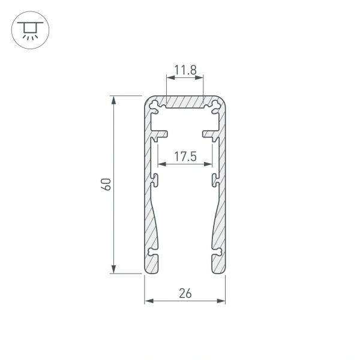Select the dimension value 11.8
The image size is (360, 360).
185,70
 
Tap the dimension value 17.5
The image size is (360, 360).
185,157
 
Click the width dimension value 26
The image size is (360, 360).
185,293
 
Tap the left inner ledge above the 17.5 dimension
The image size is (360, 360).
160,131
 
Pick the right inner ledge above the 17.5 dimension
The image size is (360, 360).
210,131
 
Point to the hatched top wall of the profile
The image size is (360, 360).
185,103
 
